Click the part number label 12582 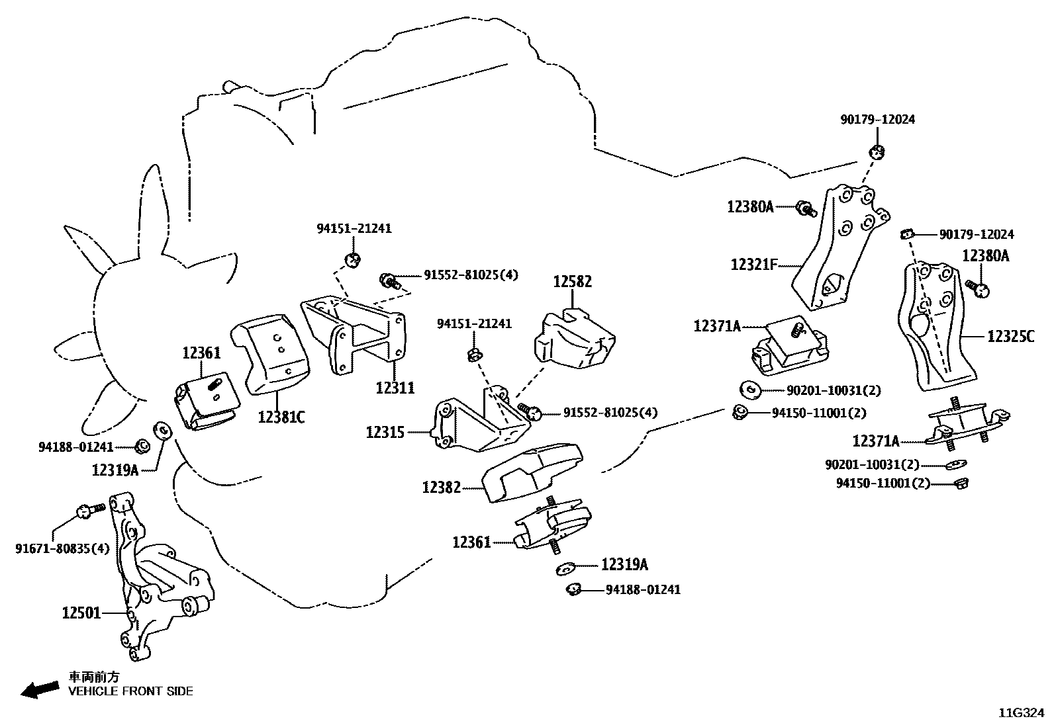point(573,282)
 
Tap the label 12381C point(281,417)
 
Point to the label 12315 point(386,433)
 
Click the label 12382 point(441,488)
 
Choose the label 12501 point(81,613)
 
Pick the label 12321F point(753,265)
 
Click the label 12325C point(1010,337)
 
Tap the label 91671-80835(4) point(62,548)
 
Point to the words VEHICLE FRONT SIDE point(131,691)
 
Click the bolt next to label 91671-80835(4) point(90,510)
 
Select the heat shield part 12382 point(534,472)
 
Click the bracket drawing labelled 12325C point(934,327)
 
